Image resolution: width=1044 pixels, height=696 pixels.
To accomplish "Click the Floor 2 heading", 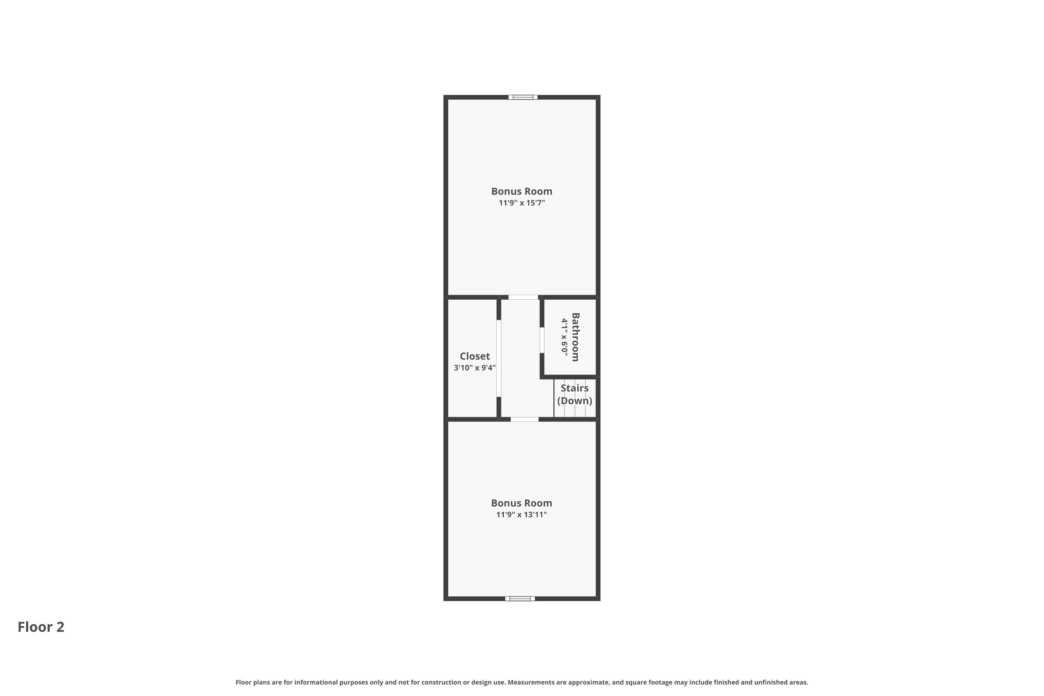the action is [41, 627].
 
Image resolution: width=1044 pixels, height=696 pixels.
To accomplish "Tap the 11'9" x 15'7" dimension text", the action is [522, 203].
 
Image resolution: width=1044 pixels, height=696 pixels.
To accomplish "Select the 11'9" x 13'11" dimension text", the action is [522, 514].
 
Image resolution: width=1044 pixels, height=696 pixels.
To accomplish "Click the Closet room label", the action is [475, 356].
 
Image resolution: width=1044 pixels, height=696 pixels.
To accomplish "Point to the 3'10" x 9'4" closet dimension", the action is [475, 367].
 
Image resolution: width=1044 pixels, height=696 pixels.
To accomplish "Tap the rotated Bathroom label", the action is [575, 337].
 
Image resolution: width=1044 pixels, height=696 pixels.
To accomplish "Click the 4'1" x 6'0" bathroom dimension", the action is [564, 337].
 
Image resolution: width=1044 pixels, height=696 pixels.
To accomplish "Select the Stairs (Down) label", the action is [575, 394].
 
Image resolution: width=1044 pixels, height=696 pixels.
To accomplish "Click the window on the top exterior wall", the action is [523, 97].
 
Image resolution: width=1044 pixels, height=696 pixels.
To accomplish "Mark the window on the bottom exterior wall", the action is [520, 598].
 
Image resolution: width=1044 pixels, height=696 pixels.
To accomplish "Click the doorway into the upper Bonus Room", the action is [523, 297].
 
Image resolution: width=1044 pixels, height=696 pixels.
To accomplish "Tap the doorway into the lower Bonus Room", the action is [524, 419].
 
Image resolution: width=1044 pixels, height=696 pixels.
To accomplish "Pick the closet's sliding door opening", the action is [498, 358].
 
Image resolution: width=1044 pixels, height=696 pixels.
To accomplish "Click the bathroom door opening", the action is [541, 340].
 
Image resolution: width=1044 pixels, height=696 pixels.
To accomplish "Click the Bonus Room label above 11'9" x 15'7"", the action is [522, 191].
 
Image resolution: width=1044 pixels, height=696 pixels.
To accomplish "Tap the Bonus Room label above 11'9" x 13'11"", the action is [522, 503].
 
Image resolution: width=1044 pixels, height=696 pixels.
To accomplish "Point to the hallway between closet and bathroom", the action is [520, 358].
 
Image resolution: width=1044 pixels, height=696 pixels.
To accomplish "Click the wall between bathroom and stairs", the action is [569, 377].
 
